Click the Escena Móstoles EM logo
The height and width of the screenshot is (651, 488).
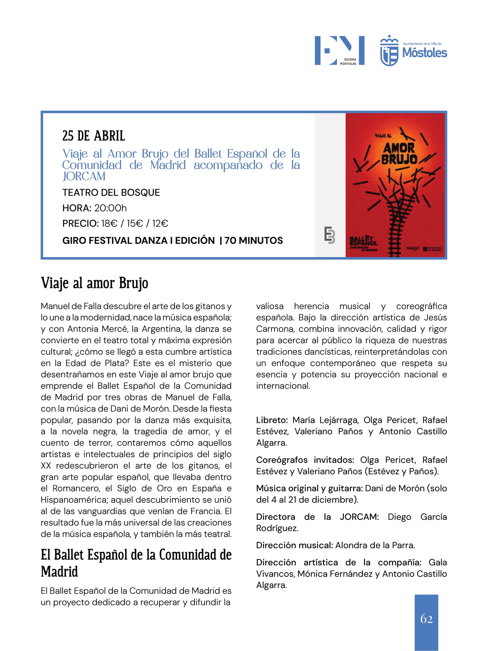(x=339, y=50)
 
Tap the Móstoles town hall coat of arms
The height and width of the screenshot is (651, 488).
(x=389, y=51)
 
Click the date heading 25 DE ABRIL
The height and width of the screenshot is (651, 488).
(x=94, y=136)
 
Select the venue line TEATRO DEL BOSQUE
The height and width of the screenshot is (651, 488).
(x=111, y=192)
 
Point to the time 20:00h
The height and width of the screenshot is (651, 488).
(x=110, y=208)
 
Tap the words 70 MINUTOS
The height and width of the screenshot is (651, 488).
(x=254, y=240)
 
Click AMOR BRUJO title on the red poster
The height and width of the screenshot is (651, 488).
(x=399, y=154)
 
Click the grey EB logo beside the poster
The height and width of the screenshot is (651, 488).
(x=329, y=235)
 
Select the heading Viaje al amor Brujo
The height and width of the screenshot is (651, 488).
(x=95, y=283)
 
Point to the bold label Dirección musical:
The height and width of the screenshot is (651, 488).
(x=294, y=545)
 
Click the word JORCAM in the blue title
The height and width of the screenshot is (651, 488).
(x=84, y=176)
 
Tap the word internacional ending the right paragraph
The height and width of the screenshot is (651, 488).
(x=283, y=386)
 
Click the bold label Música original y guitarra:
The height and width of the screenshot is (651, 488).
(x=309, y=488)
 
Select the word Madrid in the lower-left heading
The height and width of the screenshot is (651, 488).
(x=59, y=572)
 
